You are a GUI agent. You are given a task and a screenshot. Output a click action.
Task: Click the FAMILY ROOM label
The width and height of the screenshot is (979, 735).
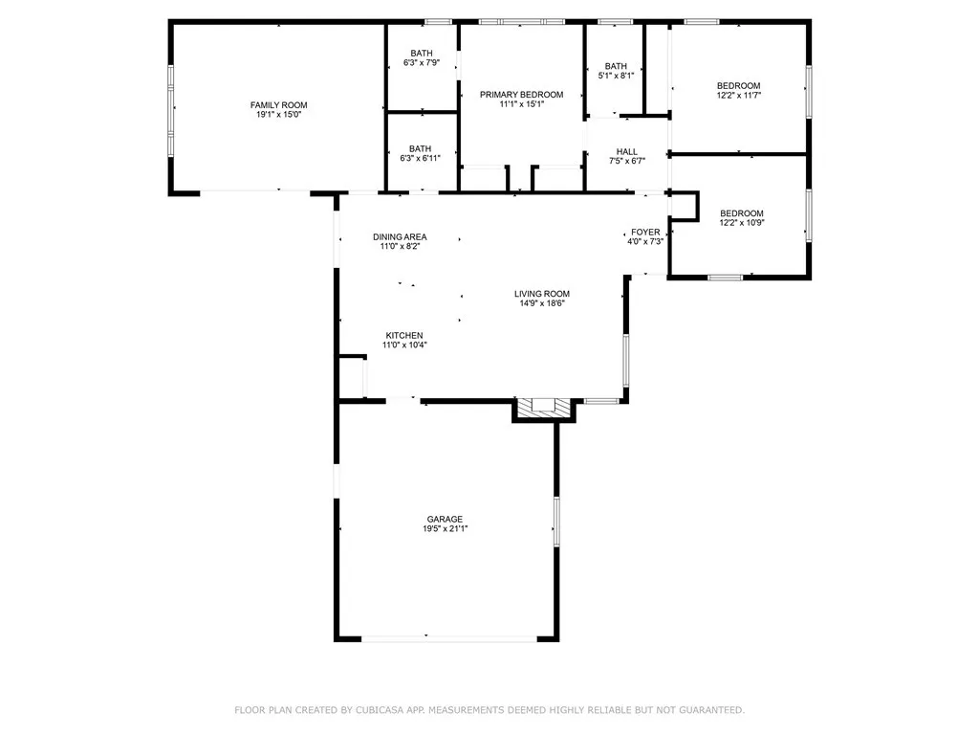[279, 104]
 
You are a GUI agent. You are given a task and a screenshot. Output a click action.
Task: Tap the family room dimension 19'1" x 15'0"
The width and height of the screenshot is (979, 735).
[279, 115]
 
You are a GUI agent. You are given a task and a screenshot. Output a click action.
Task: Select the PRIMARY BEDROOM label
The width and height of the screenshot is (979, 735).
[521, 94]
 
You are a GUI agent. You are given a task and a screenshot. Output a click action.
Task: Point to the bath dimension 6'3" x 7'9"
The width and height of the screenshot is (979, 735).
[421, 63]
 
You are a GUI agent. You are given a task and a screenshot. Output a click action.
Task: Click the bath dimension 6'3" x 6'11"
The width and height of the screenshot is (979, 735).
[421, 159]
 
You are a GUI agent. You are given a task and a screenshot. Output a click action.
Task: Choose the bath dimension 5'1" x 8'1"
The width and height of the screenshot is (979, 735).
[616, 76]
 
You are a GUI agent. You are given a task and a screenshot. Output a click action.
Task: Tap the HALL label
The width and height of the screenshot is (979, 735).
[627, 151]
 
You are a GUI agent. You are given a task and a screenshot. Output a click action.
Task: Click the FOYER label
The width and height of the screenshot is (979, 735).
[645, 232]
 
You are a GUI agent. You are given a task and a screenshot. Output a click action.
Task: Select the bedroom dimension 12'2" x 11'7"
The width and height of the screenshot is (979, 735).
[739, 96]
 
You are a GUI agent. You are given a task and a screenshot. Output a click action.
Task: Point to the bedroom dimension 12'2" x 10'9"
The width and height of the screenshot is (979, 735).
[742, 223]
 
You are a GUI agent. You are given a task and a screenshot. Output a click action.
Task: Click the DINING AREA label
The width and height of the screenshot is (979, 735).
[400, 236]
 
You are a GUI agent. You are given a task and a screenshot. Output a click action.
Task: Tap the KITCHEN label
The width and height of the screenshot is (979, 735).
[404, 335]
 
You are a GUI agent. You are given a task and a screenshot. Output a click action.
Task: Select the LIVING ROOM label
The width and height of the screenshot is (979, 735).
[542, 294]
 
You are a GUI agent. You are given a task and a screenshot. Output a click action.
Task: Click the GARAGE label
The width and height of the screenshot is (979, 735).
[445, 519]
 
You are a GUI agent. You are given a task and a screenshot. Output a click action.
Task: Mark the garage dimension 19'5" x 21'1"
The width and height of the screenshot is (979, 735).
[445, 529]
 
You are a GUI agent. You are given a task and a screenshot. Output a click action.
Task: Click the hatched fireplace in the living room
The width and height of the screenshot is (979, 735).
[544, 408]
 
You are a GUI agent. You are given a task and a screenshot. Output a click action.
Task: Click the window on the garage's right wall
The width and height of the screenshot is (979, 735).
[555, 522]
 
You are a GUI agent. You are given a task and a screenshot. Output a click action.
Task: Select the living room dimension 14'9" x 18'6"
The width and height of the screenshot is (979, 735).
[542, 304]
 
